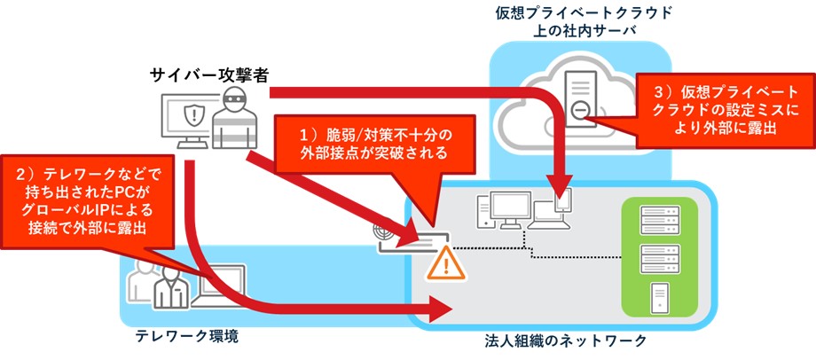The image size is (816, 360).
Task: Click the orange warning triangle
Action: click(442, 262)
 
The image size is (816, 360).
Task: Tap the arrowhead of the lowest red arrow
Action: click(441, 308)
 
